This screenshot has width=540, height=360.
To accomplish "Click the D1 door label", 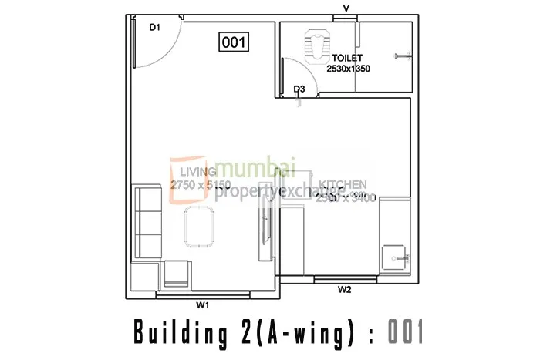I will [x=154, y=28].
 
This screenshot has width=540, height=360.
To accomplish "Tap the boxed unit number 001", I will [x=234, y=43].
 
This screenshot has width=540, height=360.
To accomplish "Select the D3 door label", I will [x=300, y=90].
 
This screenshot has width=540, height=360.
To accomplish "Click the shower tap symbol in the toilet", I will [x=402, y=55].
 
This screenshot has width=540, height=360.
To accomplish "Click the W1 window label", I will [x=202, y=305].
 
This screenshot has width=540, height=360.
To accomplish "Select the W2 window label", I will [x=345, y=290].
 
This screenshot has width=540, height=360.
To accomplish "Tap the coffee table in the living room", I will [x=198, y=227].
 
